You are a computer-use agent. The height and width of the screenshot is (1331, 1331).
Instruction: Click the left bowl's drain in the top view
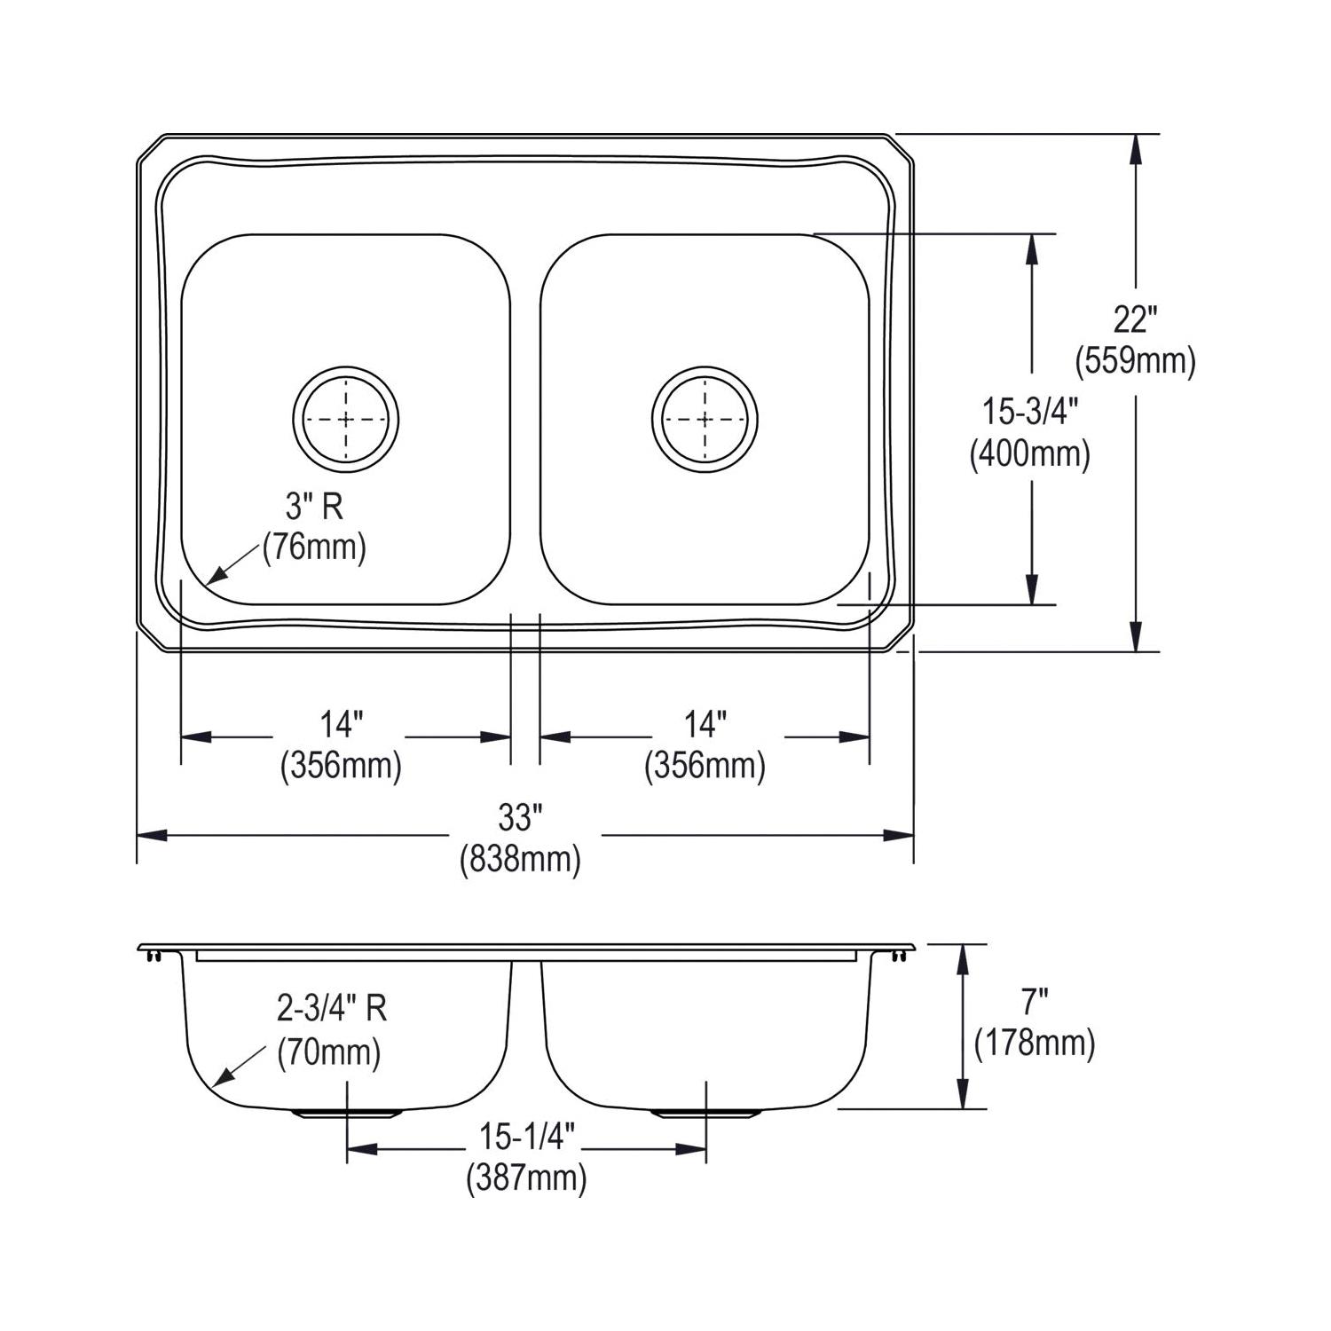(x=346, y=419)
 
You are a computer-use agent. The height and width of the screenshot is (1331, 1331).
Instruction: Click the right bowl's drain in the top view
(x=705, y=419)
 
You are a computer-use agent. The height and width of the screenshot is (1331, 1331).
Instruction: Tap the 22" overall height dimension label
(x=1136, y=319)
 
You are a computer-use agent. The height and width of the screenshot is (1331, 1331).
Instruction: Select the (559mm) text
(x=1136, y=361)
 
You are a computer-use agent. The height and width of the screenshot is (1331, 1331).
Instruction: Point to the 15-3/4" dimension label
(x=1030, y=412)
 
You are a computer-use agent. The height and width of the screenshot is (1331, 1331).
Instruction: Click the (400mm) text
(x=1030, y=454)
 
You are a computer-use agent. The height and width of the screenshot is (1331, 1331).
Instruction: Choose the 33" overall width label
(x=520, y=817)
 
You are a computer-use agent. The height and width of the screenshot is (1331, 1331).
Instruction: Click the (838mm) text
(x=520, y=859)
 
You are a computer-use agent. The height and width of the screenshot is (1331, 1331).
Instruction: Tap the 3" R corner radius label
(x=314, y=507)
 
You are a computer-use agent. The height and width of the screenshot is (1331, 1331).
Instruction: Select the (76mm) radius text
(x=314, y=547)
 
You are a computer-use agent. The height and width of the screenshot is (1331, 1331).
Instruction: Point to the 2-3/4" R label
(x=332, y=1009)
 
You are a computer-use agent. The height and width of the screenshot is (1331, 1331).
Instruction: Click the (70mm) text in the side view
(x=329, y=1052)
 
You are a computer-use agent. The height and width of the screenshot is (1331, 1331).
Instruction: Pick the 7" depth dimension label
(x=1035, y=1002)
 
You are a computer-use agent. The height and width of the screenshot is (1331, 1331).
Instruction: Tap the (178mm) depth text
(x=1035, y=1044)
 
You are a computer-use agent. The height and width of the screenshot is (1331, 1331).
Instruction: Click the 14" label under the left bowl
(x=342, y=725)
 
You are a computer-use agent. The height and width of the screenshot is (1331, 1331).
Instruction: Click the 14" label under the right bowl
(x=705, y=725)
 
